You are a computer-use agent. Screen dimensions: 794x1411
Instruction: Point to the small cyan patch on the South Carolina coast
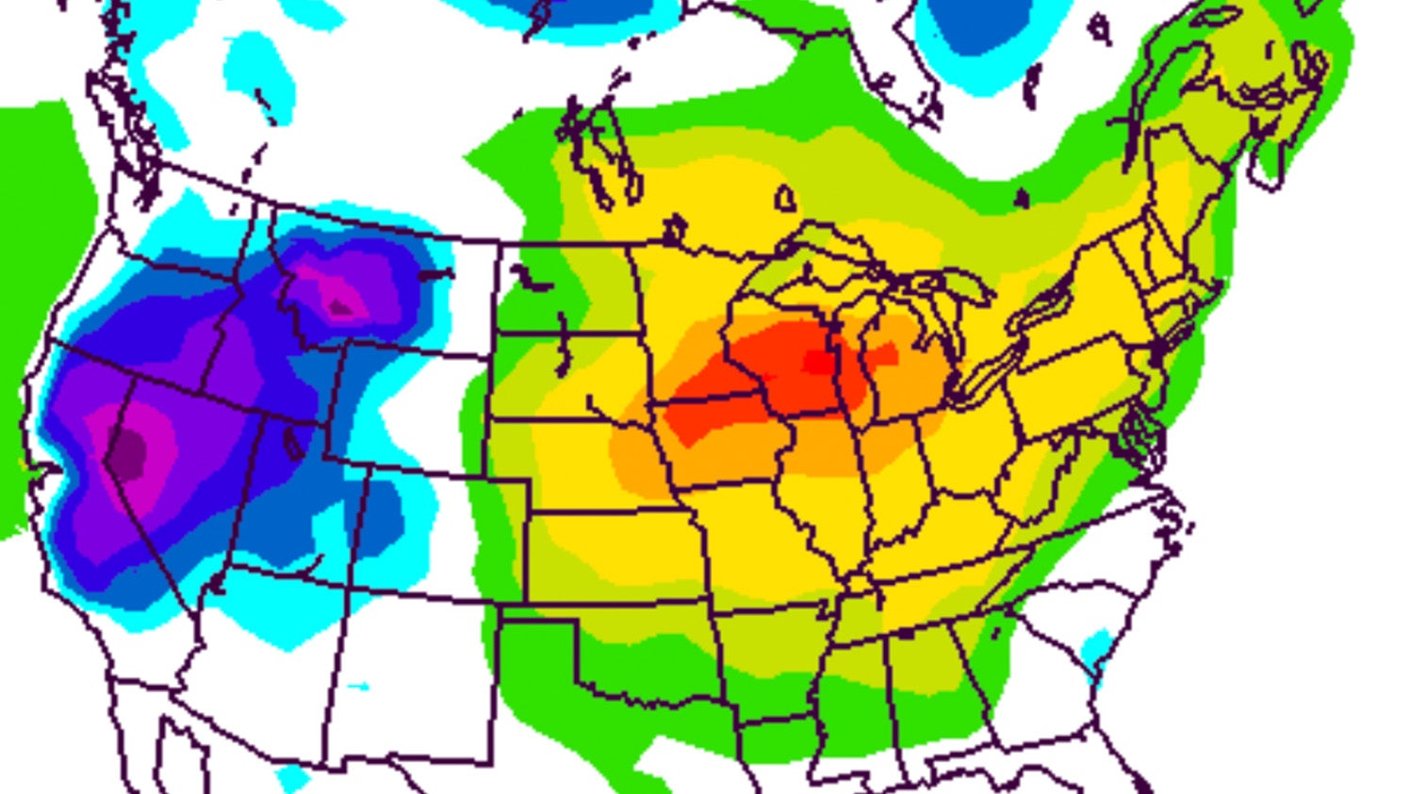pos(1096,650)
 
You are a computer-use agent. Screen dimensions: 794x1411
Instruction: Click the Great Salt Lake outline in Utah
pos(293,442)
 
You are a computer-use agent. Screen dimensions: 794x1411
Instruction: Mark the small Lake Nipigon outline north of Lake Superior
pos(784,199)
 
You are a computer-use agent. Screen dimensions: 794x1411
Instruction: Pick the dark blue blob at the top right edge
pos(980,28)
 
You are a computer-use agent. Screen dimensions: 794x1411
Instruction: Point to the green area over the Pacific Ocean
pos(38,235)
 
